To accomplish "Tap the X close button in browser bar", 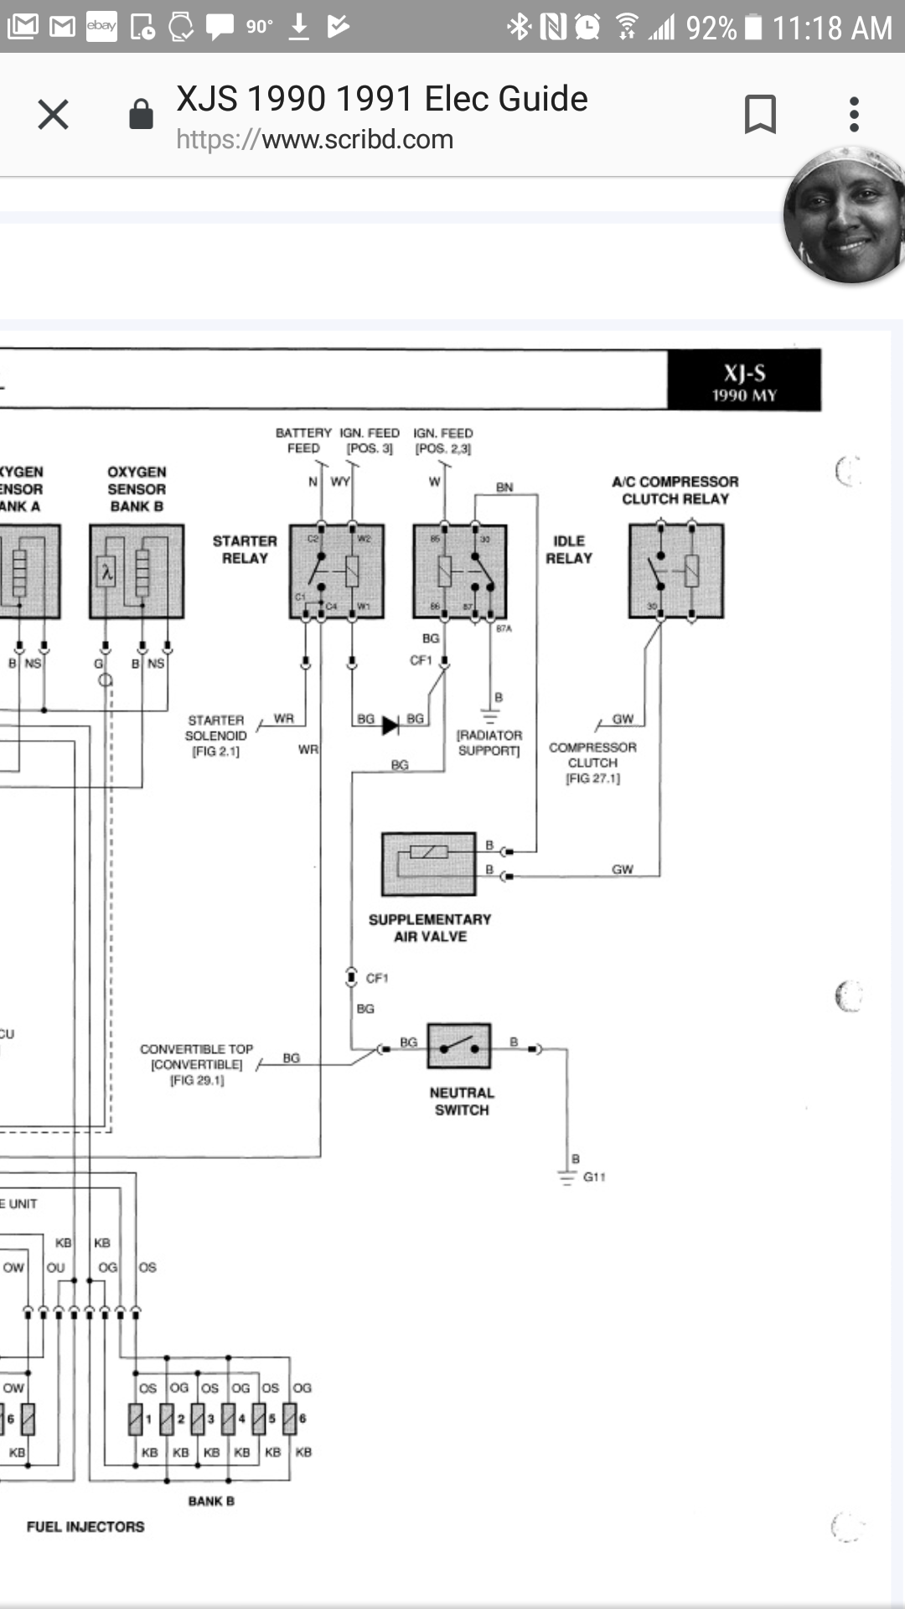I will pyautogui.click(x=53, y=115).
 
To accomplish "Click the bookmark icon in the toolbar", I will pyautogui.click(x=760, y=115).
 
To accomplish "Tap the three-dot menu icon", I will pyautogui.click(x=854, y=115).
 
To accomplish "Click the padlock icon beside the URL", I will pyautogui.click(x=141, y=115).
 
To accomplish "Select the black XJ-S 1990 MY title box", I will pyautogui.click(x=744, y=381).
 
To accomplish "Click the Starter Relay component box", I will pyautogui.click(x=337, y=572).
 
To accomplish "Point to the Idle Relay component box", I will pyautogui.click(x=460, y=572).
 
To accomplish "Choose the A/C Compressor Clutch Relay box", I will pyautogui.click(x=676, y=572).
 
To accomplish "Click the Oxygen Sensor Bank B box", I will pyautogui.click(x=137, y=572).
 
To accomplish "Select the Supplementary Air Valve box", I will pyautogui.click(x=429, y=864).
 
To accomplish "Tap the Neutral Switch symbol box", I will pyautogui.click(x=458, y=1046).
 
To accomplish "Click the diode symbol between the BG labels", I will pyautogui.click(x=390, y=725).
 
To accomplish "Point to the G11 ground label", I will pyautogui.click(x=594, y=1177).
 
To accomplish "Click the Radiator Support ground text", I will pyautogui.click(x=489, y=742).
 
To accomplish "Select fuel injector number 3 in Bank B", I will pyautogui.click(x=198, y=1419).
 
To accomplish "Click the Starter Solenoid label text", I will pyautogui.click(x=216, y=735).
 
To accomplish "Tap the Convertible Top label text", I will pyautogui.click(x=196, y=1064).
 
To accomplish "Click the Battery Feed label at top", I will pyautogui.click(x=303, y=441).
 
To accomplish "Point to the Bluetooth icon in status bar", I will pyautogui.click(x=519, y=27).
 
